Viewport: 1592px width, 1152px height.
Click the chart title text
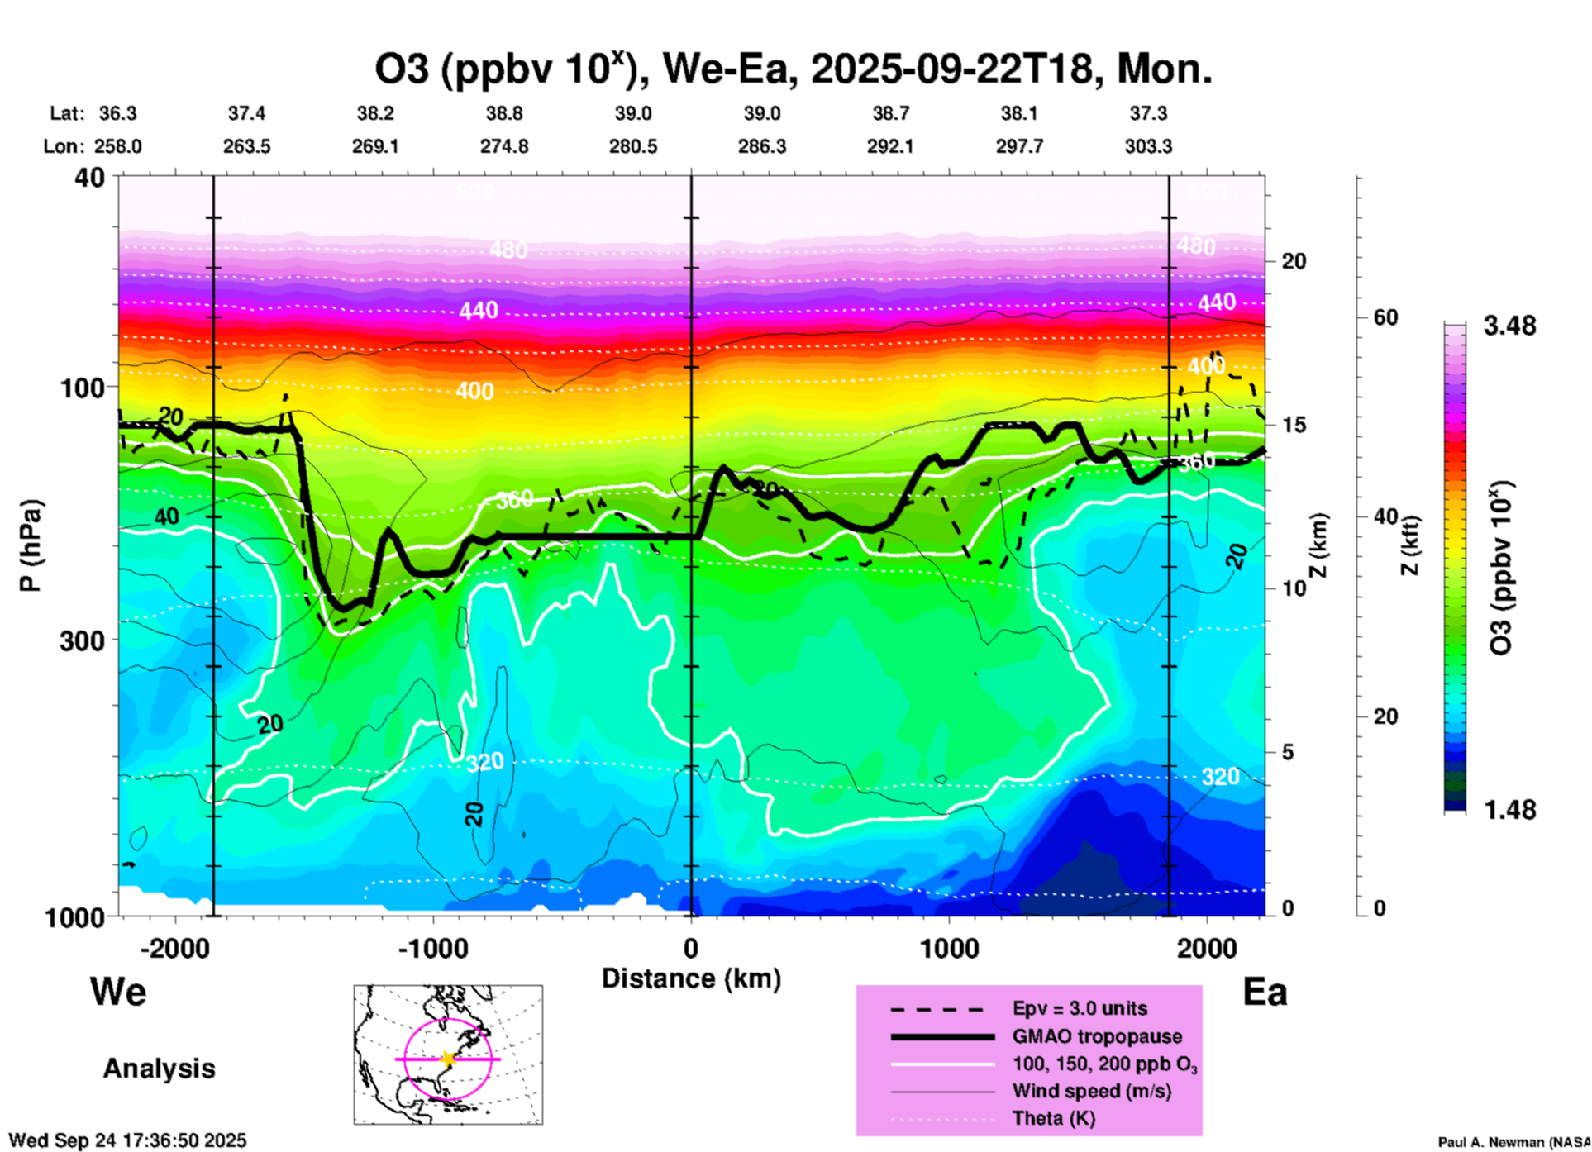794,69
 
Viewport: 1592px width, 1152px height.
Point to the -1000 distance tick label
432,949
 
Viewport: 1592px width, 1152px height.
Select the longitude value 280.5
633,147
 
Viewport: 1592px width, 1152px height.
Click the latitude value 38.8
504,113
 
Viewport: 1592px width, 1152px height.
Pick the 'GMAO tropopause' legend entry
1097,1036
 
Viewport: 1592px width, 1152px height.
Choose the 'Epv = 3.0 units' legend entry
1080,1009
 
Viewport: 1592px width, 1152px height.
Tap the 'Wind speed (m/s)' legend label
1091,1092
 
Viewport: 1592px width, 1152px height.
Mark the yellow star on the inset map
448,1059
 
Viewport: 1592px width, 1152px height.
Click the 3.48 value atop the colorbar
1509,326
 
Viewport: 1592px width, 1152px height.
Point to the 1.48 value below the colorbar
1509,810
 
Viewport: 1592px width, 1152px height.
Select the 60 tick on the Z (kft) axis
1386,317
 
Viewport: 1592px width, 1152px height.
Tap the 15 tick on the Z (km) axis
1294,425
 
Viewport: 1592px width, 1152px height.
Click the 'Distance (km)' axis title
691,978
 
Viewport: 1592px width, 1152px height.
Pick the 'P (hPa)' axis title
31,545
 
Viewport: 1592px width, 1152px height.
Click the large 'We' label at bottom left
118,992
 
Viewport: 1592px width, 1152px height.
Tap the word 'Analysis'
159,1069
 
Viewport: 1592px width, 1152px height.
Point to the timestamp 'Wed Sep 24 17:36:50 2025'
127,1141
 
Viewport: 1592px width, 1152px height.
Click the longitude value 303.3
1148,147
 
